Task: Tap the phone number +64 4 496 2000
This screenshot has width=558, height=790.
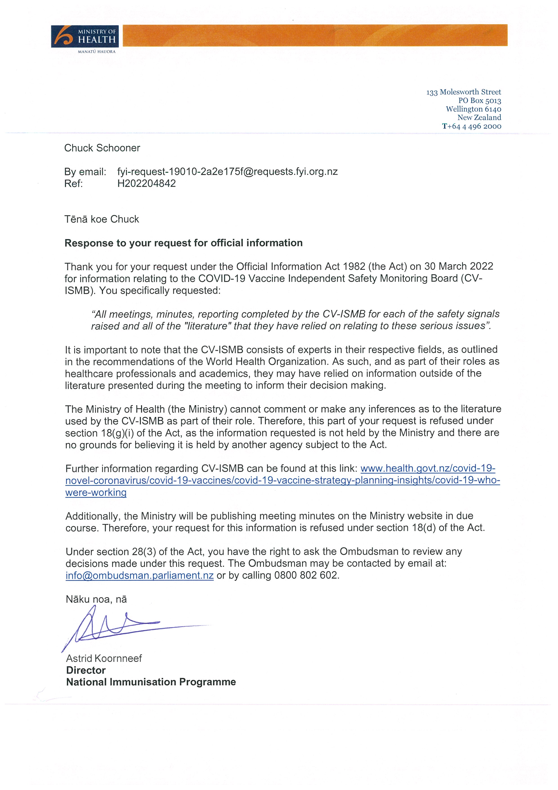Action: tap(475, 126)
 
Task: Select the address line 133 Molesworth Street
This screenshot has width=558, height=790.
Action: tap(464, 92)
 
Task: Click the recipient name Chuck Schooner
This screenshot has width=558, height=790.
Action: tap(102, 148)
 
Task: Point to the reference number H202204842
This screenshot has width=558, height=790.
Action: tap(146, 183)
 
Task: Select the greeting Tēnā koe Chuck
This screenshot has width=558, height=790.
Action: tap(102, 219)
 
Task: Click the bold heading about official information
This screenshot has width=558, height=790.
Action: tap(183, 243)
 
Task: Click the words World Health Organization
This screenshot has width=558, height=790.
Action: tap(266, 362)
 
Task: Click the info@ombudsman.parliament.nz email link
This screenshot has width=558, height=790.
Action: tap(139, 575)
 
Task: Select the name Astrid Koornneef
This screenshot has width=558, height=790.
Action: tap(104, 658)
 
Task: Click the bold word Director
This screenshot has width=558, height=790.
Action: tap(86, 670)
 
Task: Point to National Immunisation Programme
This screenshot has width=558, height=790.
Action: tap(151, 682)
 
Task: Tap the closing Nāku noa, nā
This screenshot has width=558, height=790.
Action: tap(96, 599)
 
